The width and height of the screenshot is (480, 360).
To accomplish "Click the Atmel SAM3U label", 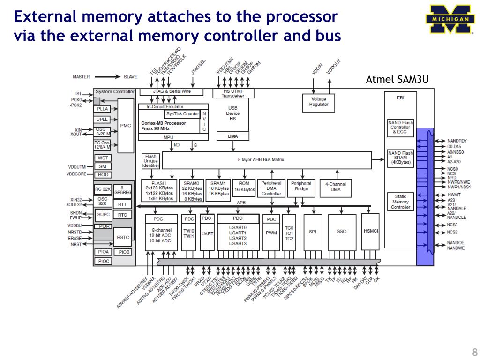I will click(397, 79).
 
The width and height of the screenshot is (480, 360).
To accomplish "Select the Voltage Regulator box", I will click(319, 102).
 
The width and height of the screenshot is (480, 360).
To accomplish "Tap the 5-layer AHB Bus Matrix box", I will click(267, 160).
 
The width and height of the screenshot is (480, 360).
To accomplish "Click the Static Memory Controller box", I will click(400, 202).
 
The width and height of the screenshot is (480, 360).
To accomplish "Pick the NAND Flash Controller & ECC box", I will click(400, 127).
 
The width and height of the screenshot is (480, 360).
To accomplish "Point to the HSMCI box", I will click(371, 232).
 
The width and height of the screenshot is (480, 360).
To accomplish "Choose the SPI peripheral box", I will click(313, 232).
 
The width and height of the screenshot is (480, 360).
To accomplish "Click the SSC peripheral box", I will click(342, 232).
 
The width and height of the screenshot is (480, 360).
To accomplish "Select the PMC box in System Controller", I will click(126, 126).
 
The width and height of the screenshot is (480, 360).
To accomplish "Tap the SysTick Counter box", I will click(182, 114).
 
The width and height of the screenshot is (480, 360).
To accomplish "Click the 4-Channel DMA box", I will click(336, 187).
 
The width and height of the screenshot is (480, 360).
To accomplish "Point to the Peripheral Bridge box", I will click(301, 186).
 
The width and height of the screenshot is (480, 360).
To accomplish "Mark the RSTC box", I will click(123, 237).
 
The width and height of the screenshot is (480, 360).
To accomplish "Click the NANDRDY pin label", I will click(457, 141).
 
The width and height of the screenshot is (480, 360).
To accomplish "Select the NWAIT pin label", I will click(454, 195).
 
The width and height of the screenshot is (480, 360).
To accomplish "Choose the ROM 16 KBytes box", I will click(244, 187).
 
